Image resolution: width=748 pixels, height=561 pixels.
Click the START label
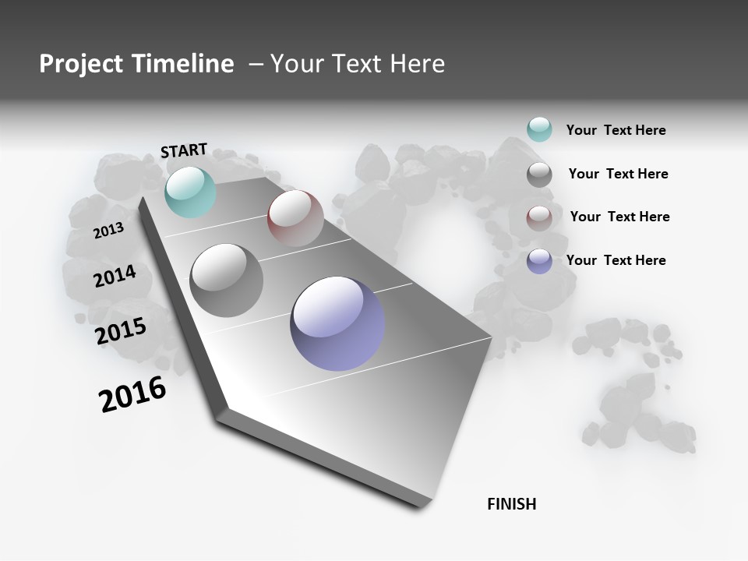click(x=184, y=150)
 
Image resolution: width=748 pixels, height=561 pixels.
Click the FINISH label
click(x=512, y=504)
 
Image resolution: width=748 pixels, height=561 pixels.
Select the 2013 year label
click(x=109, y=230)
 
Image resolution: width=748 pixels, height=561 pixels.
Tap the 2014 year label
click(x=115, y=276)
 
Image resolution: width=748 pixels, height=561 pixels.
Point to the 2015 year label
click(x=121, y=331)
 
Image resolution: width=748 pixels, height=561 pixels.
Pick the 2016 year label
click(x=132, y=393)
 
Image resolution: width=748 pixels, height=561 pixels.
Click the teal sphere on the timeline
click(x=190, y=192)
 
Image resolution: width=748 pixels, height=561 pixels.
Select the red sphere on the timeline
click(x=295, y=218)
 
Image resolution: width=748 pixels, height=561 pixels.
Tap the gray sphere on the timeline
click(x=226, y=280)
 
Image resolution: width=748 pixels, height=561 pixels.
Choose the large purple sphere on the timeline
click(x=337, y=323)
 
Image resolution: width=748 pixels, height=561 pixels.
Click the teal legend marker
click(x=539, y=129)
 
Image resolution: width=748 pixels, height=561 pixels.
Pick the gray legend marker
click(x=539, y=175)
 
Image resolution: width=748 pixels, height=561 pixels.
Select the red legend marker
click(x=539, y=218)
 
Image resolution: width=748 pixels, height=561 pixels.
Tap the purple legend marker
click(x=539, y=261)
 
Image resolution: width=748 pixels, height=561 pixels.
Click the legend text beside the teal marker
click(x=616, y=130)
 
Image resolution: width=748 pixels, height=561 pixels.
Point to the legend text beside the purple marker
click(x=616, y=260)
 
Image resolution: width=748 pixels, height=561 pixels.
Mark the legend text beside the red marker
click(x=619, y=217)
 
